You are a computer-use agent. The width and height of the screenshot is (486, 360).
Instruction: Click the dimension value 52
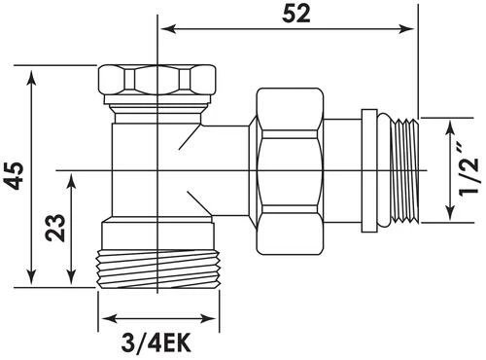[x=296, y=15]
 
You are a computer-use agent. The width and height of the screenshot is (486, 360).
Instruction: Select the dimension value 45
[x=16, y=176]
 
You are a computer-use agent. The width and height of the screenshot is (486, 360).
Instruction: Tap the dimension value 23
[x=55, y=228]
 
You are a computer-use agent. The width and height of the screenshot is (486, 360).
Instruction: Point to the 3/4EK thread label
[x=156, y=343]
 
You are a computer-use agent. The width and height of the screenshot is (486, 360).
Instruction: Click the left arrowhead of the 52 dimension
[x=168, y=28]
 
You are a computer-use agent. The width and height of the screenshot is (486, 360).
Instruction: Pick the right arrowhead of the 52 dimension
[x=407, y=28]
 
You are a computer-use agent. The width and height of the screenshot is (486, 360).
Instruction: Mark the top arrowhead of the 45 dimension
[x=31, y=76]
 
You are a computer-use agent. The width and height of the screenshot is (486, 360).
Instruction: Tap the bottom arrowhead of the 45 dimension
[x=31, y=277]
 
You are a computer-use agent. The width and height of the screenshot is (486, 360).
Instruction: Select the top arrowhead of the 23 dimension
[x=72, y=181]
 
